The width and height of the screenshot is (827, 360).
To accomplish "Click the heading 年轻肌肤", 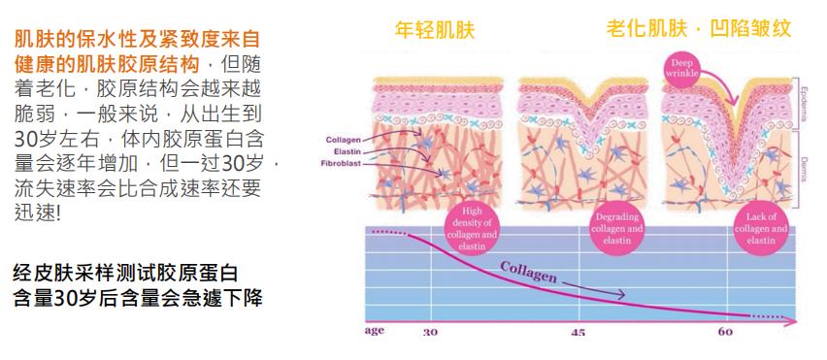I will (435, 28).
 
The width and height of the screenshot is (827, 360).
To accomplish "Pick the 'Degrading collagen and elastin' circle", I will (616, 228).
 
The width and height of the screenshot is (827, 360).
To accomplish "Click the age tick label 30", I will (430, 333).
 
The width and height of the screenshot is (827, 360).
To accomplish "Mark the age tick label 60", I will (724, 333).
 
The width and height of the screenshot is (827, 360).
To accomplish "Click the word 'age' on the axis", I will (375, 331).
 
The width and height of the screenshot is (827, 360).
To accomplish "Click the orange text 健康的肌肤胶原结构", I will (104, 63).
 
